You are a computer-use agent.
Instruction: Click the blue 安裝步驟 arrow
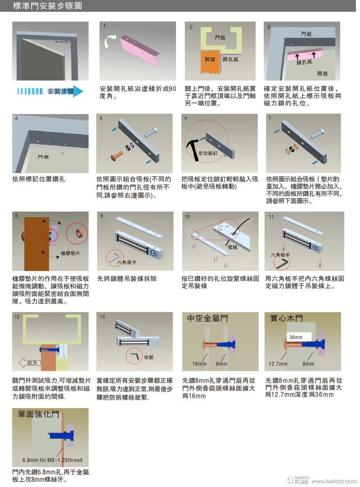pos(50,91)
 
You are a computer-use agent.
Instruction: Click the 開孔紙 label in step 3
pos(304,62)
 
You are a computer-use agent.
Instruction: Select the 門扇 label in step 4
pos(43,157)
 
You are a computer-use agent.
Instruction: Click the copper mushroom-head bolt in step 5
pos(116,156)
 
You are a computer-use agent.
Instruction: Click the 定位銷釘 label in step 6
pos(208,153)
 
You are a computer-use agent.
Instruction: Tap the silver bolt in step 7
pos(318,133)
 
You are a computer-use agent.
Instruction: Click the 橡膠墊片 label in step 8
pos(70,253)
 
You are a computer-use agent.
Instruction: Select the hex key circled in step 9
pos(114,258)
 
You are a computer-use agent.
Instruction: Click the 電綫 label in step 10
pos(232,247)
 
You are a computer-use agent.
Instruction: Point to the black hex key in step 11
pos(282,263)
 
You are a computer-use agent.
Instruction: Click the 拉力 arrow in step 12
pos(30,363)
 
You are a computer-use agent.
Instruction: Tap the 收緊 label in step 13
pos(148,357)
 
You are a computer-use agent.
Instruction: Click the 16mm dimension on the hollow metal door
pos(199,364)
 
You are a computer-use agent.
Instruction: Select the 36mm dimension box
pos(299,337)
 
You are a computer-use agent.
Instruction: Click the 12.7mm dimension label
pos(278,364)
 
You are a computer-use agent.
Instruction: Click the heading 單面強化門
pos(39,414)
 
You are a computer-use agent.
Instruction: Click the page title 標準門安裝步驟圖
pos(47,6)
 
